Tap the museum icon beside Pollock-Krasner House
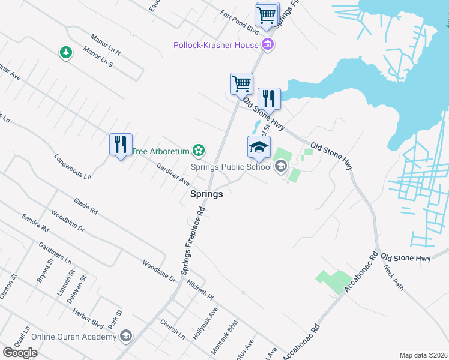(268, 44)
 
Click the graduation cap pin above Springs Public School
(259, 147)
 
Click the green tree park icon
(65, 53)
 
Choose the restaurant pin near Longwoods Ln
(121, 145)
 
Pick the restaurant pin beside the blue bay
(269, 99)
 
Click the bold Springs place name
(206, 194)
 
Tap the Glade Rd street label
(86, 207)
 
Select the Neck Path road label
(393, 278)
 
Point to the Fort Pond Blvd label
(239, 23)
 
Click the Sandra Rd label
(35, 223)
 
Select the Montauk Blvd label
(223, 332)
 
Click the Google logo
(20, 352)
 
